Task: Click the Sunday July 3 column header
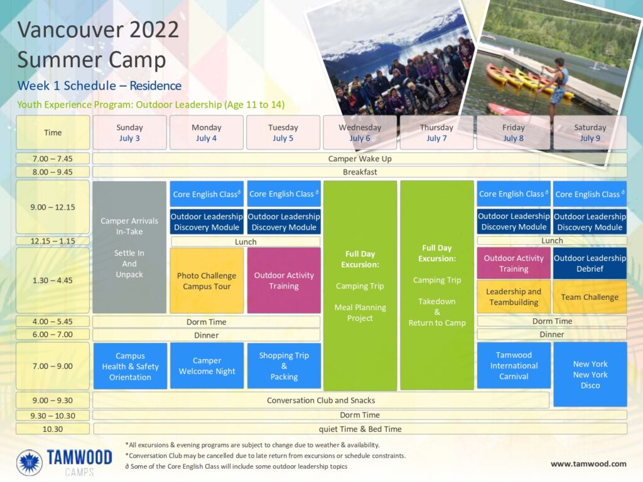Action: tap(129, 132)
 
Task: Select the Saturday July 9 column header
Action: tap(590, 132)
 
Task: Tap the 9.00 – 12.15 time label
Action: tap(53, 207)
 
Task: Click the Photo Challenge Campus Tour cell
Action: tap(207, 281)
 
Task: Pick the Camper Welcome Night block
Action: tap(207, 366)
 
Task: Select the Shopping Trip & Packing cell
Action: tap(284, 366)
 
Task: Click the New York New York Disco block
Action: tap(590, 374)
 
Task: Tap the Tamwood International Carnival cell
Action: tap(514, 365)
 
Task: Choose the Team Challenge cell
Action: tap(590, 297)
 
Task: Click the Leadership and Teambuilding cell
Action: tap(514, 297)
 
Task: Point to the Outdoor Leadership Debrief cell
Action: tap(590, 263)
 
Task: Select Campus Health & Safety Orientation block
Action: tap(130, 366)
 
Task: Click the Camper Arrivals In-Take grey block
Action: tap(129, 247)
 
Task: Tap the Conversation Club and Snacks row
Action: tap(321, 400)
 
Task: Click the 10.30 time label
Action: tap(53, 429)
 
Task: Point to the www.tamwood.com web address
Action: tap(588, 464)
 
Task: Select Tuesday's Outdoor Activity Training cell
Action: tap(284, 281)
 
